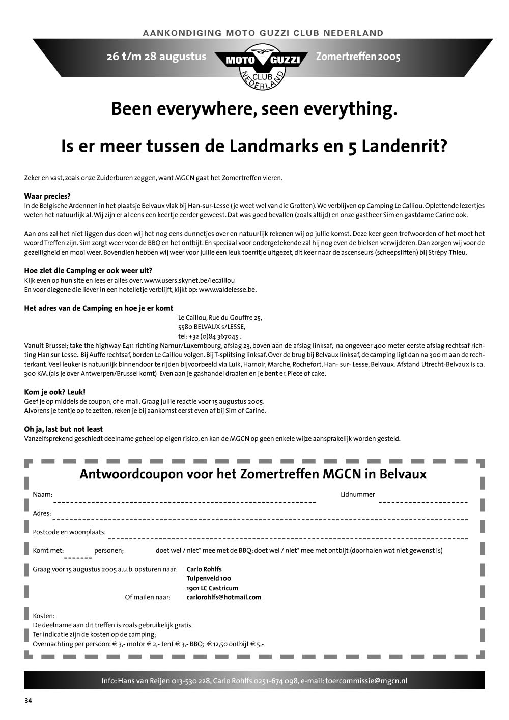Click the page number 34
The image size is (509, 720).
[29, 701]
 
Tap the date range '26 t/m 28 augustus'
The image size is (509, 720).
[156, 57]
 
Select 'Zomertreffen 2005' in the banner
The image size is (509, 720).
[358, 57]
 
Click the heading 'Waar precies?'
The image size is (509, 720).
[47, 196]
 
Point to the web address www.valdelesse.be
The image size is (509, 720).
[228, 289]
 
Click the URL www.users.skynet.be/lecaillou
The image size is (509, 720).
[189, 280]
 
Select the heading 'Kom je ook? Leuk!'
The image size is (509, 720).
[55, 392]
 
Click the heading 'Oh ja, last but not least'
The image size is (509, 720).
[64, 429]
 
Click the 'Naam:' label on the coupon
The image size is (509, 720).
[43, 494]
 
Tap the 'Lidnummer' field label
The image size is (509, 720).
[357, 494]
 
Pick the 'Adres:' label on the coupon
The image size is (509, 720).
[42, 513]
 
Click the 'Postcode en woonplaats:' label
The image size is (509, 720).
[69, 532]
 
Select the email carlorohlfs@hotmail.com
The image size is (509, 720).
[224, 597]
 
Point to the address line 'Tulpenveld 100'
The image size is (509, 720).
[209, 578]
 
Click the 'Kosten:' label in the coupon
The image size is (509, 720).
[44, 616]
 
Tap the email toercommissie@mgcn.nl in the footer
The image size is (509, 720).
[366, 681]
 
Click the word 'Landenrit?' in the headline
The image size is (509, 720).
[404, 147]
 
